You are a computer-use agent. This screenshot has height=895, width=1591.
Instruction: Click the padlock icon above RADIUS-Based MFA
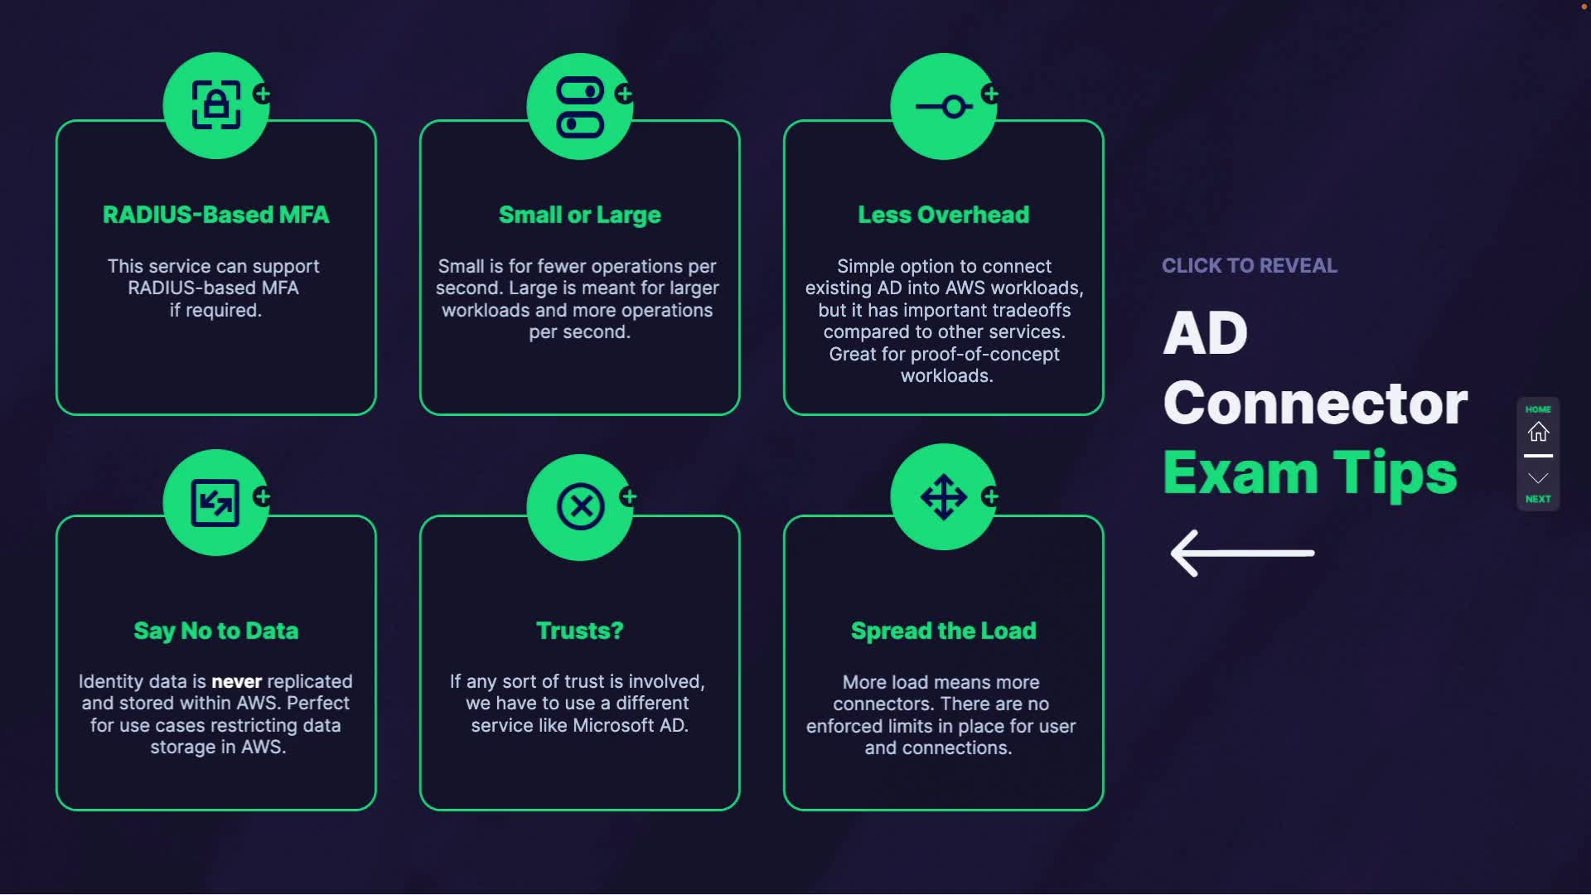point(216,105)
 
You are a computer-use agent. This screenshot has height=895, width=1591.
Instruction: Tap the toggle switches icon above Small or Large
point(580,107)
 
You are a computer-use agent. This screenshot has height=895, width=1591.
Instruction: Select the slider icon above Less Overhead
point(944,107)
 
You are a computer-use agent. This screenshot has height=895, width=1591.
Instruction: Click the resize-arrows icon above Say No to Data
point(215,503)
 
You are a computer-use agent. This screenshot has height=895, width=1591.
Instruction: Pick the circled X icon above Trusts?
point(580,506)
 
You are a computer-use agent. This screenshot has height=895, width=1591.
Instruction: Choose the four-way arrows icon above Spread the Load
point(944,497)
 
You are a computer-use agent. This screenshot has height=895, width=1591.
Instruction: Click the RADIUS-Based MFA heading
point(215,215)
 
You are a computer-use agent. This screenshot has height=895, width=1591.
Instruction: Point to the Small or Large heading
point(580,215)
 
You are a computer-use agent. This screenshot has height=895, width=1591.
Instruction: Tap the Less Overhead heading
point(944,215)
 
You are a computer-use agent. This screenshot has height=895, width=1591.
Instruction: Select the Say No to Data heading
point(215,631)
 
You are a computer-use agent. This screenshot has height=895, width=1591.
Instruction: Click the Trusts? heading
point(580,631)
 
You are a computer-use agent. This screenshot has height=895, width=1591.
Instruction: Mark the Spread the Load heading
point(944,631)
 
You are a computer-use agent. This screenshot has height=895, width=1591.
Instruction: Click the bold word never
point(236,681)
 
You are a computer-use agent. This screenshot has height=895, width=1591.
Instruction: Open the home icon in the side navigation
point(1538,432)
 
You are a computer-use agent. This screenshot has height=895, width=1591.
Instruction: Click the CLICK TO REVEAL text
point(1249,265)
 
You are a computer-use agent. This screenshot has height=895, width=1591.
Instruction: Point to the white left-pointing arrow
point(1242,553)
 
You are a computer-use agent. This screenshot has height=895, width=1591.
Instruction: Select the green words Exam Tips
point(1309,472)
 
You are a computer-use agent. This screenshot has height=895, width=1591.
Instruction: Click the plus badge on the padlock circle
point(263,94)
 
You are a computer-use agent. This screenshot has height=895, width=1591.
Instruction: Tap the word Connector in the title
point(1315,403)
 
